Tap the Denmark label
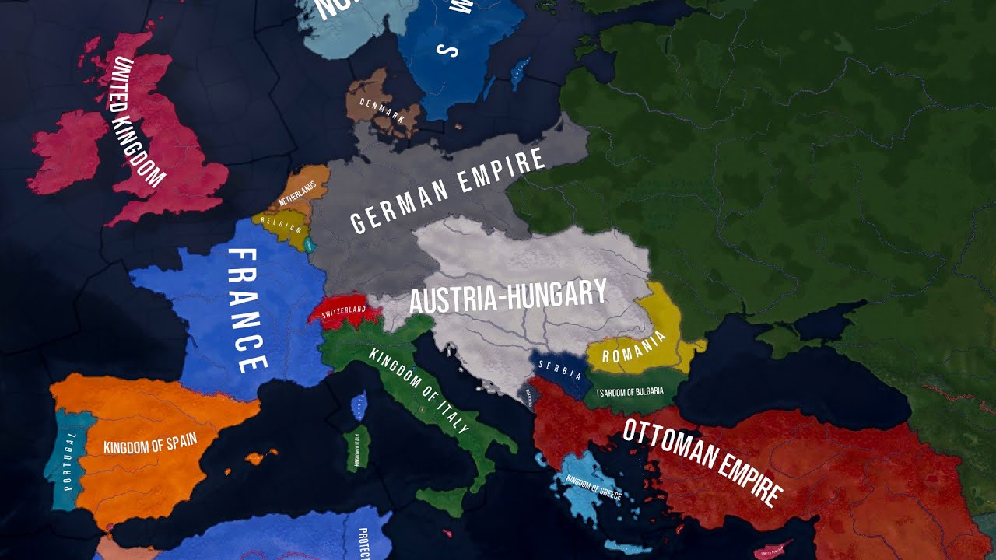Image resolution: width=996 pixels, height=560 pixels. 382,110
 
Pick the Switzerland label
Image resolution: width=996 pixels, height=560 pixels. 343,310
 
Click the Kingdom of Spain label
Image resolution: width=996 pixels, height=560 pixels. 150,443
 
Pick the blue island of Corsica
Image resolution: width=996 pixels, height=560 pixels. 359,405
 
